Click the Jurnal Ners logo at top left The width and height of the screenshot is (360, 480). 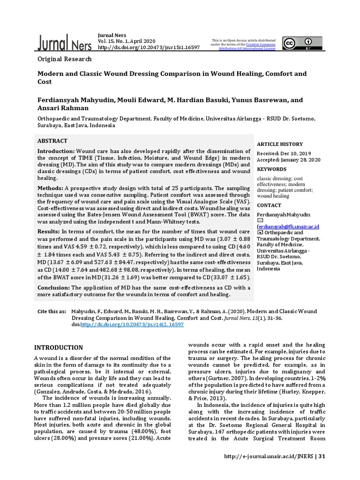[x=65, y=43]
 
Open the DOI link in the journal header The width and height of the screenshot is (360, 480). [x=149, y=47]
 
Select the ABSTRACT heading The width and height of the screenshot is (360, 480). [x=52, y=141]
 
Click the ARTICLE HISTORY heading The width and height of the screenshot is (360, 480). [x=280, y=144]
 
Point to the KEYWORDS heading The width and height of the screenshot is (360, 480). [x=271, y=169]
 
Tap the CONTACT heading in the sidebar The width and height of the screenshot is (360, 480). [x=269, y=205]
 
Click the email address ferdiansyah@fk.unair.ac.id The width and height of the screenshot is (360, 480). [x=288, y=226]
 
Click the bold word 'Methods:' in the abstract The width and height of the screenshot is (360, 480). [x=50, y=188]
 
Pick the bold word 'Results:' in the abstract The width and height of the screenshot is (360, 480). [x=48, y=232]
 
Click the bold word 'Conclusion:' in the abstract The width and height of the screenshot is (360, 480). [x=53, y=287]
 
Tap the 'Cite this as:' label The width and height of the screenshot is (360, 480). [x=52, y=311]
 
